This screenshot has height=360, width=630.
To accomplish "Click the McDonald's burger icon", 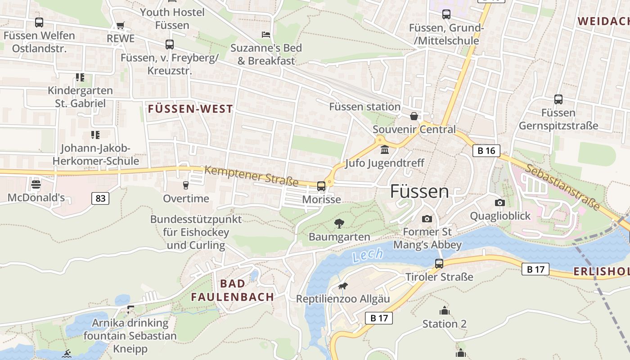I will point(36,184).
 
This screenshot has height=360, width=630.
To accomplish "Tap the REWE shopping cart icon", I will point(120,26).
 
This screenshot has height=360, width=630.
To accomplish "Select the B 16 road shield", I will point(486,151).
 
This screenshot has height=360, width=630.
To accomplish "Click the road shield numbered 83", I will point(100,198).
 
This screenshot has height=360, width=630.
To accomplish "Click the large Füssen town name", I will point(419,191).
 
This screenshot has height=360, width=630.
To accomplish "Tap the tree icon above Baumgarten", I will point(339,223).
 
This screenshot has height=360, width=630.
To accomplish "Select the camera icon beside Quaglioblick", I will point(499,203).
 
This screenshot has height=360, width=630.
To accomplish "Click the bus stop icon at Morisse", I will point(321,186).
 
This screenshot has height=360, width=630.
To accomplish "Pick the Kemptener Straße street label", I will point(251,176).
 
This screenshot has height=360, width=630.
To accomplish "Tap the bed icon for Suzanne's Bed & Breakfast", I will point(266,35).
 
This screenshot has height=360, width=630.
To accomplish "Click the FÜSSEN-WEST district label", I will point(190,109).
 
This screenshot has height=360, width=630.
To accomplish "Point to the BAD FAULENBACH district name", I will point(232,290).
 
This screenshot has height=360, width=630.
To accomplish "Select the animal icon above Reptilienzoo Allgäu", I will point(343,286).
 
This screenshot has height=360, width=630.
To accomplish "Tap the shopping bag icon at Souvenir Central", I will point(414,116).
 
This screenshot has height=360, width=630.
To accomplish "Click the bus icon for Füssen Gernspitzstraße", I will point(558,99).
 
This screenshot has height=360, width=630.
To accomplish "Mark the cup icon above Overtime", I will point(185,185).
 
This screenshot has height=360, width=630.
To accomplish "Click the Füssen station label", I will point(364,107).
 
